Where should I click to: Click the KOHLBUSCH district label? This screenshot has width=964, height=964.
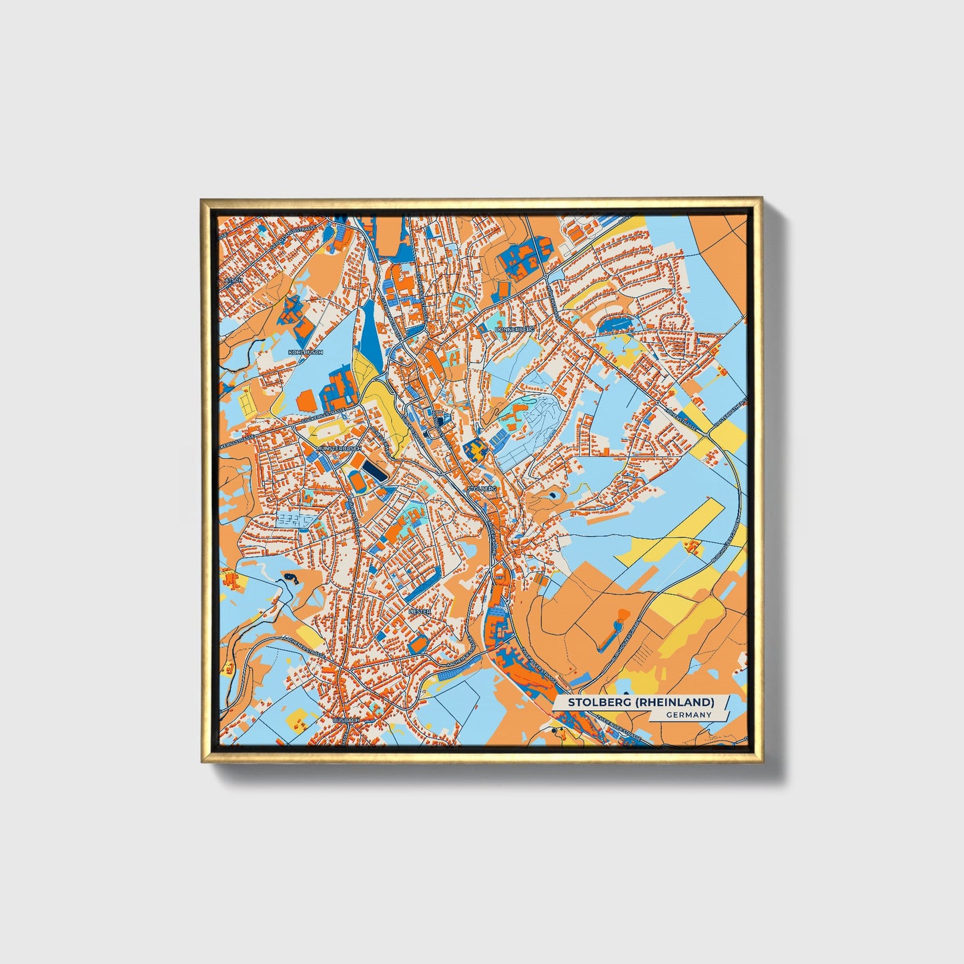(305, 352)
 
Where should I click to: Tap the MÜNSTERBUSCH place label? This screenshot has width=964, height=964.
(340, 448)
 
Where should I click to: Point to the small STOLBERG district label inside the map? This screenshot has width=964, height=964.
(482, 489)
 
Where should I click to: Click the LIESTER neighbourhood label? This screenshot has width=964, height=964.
(420, 610)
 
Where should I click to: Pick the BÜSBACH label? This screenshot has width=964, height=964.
(346, 720)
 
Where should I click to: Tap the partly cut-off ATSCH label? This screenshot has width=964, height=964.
(233, 280)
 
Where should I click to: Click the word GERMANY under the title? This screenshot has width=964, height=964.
(688, 715)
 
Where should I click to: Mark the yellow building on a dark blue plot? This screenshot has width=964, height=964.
(474, 450)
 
